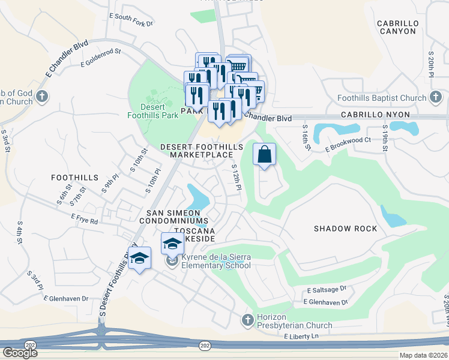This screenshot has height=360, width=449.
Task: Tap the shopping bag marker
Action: [x=264, y=155]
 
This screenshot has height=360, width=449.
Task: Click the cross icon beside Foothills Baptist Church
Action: [x=436, y=97]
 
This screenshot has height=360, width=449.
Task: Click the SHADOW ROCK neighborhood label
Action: [x=346, y=229]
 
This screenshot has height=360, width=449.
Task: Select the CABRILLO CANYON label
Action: [x=396, y=27]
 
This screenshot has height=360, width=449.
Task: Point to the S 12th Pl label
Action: [x=236, y=178]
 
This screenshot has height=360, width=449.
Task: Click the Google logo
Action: [x=20, y=353]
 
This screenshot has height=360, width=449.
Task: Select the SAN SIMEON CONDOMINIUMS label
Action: [x=173, y=217]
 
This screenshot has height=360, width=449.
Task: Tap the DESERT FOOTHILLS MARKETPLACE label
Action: [x=202, y=151]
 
